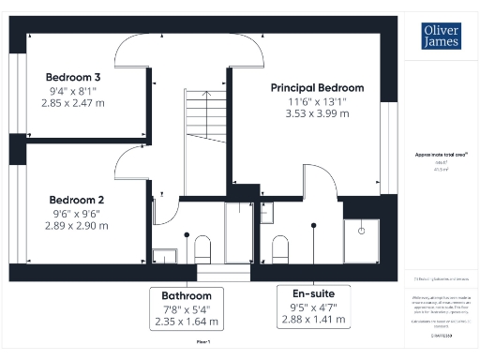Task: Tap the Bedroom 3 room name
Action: (x=73, y=76)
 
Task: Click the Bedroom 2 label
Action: (x=76, y=200)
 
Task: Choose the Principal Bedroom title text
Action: (x=317, y=87)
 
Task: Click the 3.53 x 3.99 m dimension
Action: (x=317, y=113)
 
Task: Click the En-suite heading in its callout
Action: (x=313, y=293)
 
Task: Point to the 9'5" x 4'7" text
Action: (x=313, y=307)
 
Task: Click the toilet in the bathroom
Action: (x=202, y=248)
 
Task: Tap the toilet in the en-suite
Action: (x=278, y=248)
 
